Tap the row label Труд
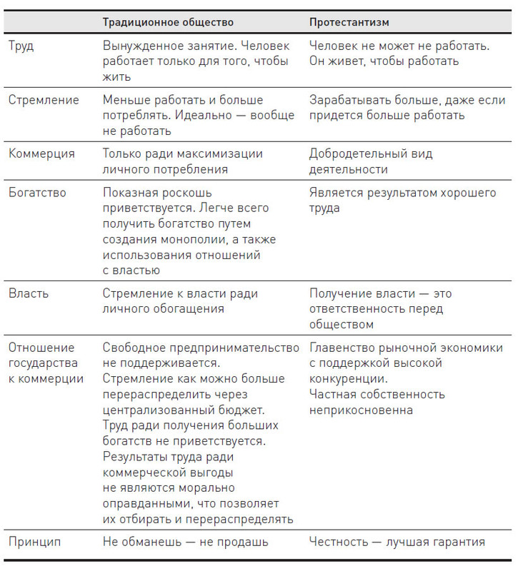tap(21, 46)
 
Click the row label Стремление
tap(44, 100)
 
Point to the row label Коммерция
tap(44, 153)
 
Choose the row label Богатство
tap(37, 193)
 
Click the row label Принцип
tap(34, 542)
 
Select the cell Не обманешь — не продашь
tap(185, 542)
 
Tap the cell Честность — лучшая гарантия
tap(397, 542)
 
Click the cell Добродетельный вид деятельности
tap(370, 161)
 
